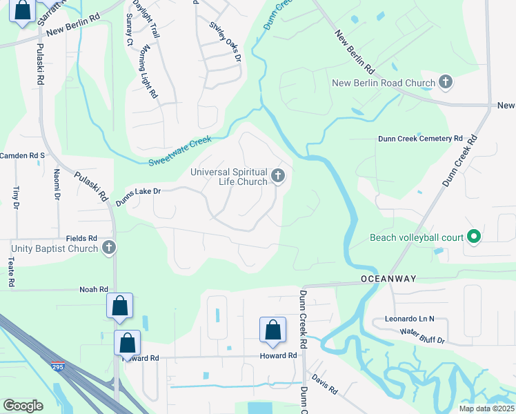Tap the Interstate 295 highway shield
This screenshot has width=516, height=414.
coord(58,367)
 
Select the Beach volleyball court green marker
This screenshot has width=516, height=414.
coord(473,237)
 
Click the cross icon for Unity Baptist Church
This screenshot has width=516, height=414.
coord(108,248)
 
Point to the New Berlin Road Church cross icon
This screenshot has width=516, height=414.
coord(446,83)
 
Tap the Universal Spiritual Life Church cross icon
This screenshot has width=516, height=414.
coord(278,177)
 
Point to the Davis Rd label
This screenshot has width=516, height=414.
coord(324,385)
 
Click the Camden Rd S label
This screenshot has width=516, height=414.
coord(22,155)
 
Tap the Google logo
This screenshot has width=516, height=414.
coord(23,406)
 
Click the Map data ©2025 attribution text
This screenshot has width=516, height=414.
coord(486,408)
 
